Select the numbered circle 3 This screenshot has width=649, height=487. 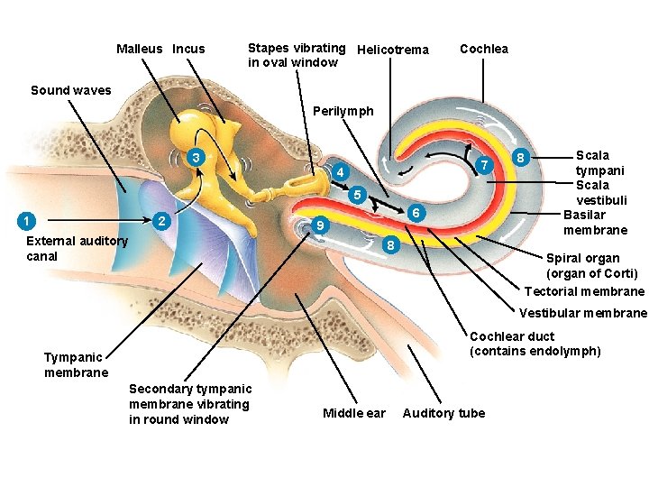[x=195, y=158]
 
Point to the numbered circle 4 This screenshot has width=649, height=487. [x=339, y=172]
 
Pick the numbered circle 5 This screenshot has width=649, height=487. [x=357, y=194]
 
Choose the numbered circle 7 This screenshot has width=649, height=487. [x=485, y=166]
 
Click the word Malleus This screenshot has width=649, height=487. [x=140, y=49]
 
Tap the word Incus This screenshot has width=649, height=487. [x=188, y=49]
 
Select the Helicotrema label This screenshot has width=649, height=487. [x=393, y=50]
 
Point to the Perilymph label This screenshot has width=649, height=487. [x=343, y=111]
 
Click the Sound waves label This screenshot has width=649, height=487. [x=71, y=90]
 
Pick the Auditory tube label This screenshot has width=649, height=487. [x=443, y=413]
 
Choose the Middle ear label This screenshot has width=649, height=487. [x=353, y=413]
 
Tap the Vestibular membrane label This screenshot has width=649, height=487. [x=583, y=313]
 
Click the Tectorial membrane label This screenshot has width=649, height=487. [x=584, y=291]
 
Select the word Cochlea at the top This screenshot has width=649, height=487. [x=484, y=49]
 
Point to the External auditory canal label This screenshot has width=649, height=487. [x=77, y=248]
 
